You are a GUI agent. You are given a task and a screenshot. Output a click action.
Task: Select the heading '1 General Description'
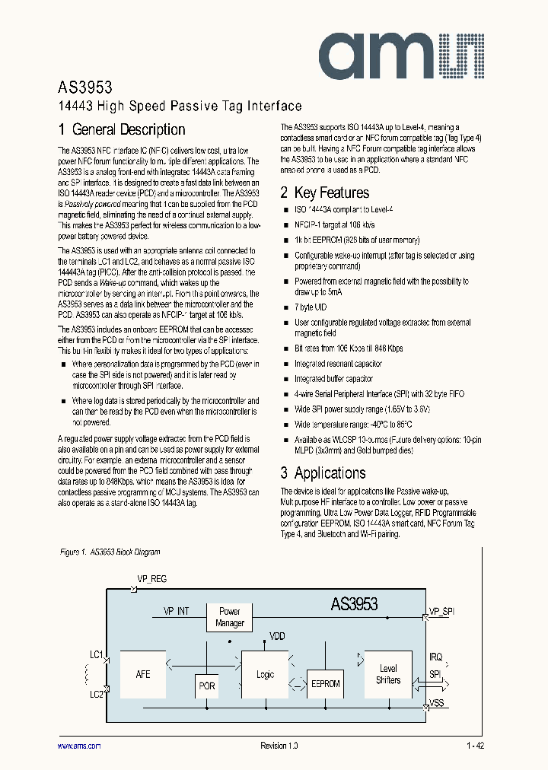click(x=122, y=130)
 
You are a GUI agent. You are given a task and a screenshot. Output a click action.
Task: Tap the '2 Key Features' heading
click(x=325, y=193)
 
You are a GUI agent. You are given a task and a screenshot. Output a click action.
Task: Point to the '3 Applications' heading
click(x=323, y=473)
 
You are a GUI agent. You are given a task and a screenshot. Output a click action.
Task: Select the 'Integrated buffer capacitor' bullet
click(x=333, y=379)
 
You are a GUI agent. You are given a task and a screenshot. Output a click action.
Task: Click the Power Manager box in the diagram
click(x=229, y=617)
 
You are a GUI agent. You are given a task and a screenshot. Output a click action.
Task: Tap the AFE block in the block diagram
click(x=142, y=674)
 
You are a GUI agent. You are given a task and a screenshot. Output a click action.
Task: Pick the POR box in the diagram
click(x=207, y=686)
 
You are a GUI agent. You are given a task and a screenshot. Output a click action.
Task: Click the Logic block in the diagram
click(x=265, y=674)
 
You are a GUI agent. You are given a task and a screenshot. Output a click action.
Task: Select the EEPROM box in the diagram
click(x=326, y=683)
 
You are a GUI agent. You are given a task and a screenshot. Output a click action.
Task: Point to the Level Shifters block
click(x=388, y=674)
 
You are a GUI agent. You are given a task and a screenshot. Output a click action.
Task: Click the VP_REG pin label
click(x=151, y=579)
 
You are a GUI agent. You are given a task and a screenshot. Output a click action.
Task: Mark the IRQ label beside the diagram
click(x=435, y=657)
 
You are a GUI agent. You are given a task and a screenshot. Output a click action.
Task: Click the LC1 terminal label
click(x=96, y=654)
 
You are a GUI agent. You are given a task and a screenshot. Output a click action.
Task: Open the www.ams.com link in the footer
click(x=79, y=746)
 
